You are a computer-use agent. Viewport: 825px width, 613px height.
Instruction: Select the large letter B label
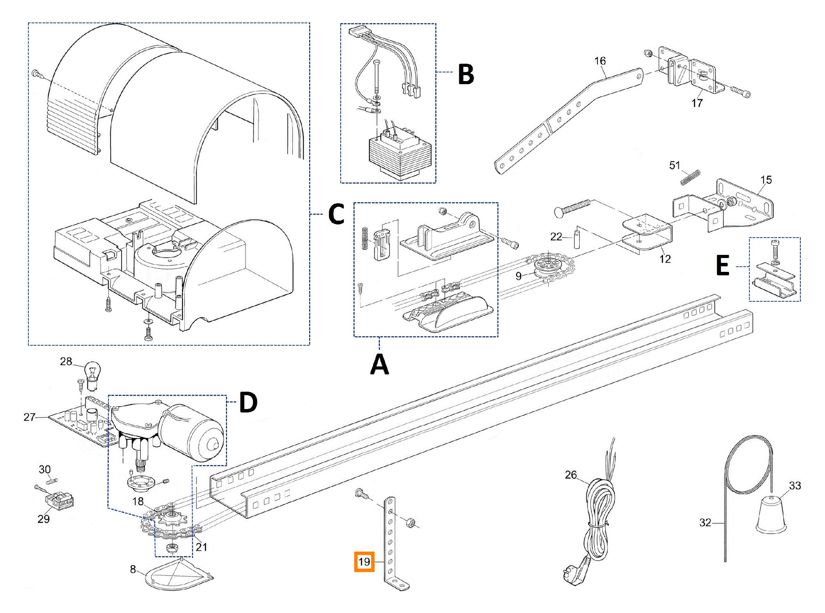point(466,74)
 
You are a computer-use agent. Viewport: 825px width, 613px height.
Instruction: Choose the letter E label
point(722,266)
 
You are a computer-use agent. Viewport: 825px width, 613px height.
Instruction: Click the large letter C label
point(336,214)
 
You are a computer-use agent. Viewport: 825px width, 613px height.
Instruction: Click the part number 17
point(697,103)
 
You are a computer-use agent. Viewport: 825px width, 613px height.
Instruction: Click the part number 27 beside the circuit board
point(30,417)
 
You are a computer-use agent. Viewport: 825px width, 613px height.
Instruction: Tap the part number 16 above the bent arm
point(600,61)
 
